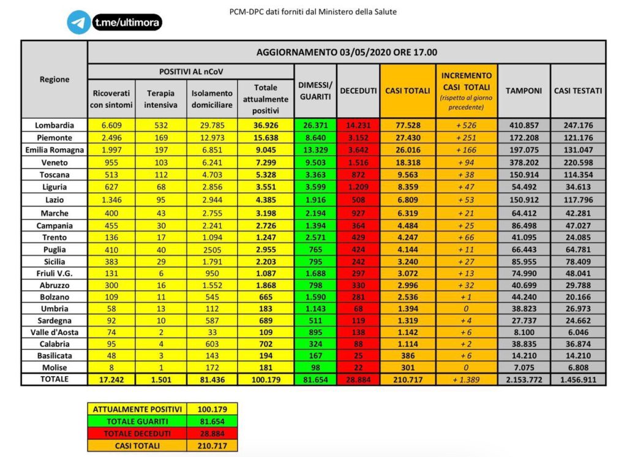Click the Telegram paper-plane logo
[78, 23]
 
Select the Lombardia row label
[54, 125]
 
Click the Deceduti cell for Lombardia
[358, 125]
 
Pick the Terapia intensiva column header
[161, 99]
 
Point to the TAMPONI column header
[524, 91]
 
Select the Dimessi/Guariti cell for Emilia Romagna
[315, 150]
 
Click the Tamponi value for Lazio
[524, 200]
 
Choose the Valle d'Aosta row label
[54, 332]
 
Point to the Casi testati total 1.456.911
[578, 380]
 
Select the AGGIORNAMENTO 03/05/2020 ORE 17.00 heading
[347, 52]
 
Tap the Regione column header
[54, 79]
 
